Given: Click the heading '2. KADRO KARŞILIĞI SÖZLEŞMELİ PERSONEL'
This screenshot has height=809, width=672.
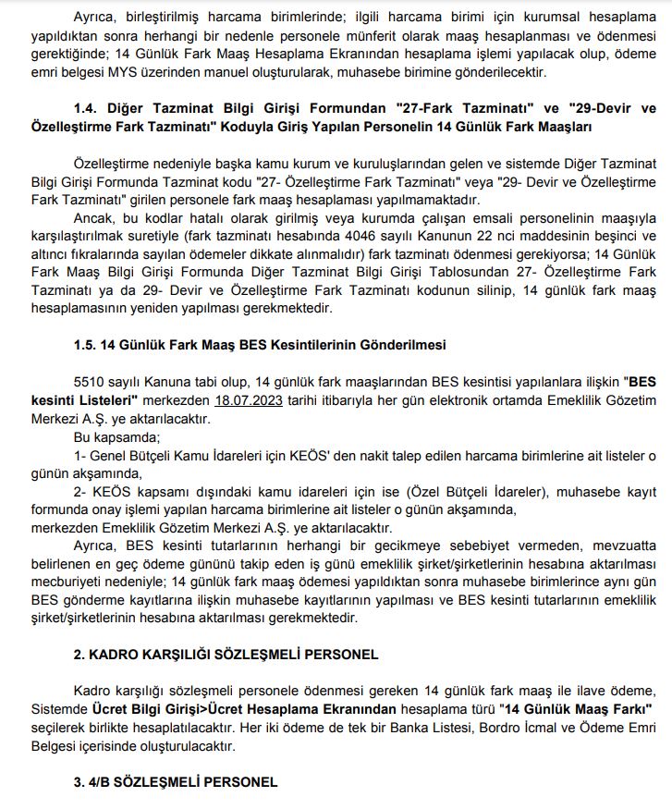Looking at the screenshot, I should (x=226, y=655).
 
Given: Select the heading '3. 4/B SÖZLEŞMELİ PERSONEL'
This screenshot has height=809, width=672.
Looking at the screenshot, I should (x=176, y=782).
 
